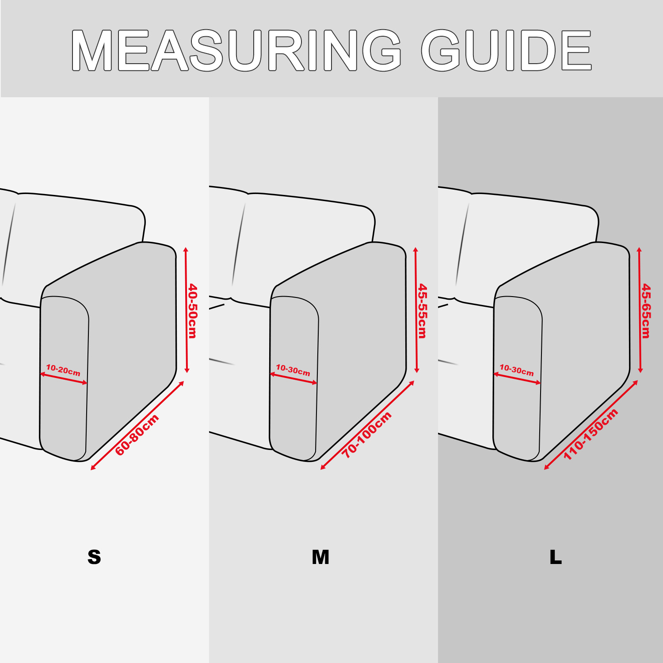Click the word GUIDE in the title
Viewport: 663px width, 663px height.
coord(507,50)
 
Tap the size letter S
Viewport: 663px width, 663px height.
coord(94,557)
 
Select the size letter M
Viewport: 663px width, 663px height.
coord(320,557)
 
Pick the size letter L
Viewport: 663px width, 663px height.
coord(556,557)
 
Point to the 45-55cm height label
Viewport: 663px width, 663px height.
coord(423,311)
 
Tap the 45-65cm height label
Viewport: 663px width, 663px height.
coord(646,311)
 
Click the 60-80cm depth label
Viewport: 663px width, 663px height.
coord(137,435)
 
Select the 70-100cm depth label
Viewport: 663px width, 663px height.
coord(367,434)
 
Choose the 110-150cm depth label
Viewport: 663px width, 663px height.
coord(591,434)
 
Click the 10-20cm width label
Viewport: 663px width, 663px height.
coord(63,370)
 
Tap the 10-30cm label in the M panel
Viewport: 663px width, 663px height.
coord(293,370)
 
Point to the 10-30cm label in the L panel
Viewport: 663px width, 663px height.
coord(517,370)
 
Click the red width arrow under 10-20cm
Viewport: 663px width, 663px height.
coord(64,379)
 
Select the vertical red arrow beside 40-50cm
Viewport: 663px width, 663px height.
coord(187,310)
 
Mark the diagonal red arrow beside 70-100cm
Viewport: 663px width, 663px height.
coord(367,425)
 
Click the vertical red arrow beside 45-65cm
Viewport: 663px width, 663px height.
coord(640,310)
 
